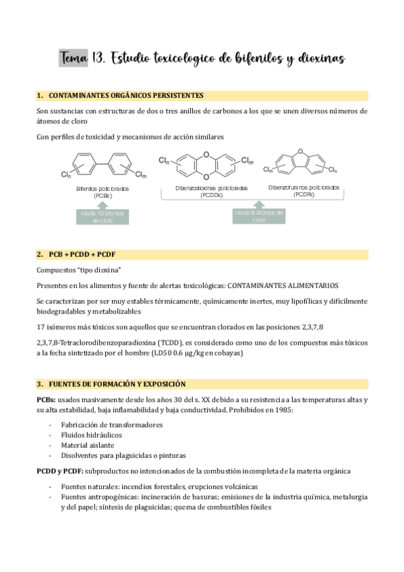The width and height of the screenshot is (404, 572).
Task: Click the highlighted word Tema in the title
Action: [x=74, y=59]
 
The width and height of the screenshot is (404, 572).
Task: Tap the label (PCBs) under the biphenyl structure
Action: [x=103, y=196]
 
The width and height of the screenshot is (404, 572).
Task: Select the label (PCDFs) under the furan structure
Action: [x=304, y=194]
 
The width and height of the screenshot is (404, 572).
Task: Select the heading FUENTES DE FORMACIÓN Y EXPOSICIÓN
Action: [x=117, y=384]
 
